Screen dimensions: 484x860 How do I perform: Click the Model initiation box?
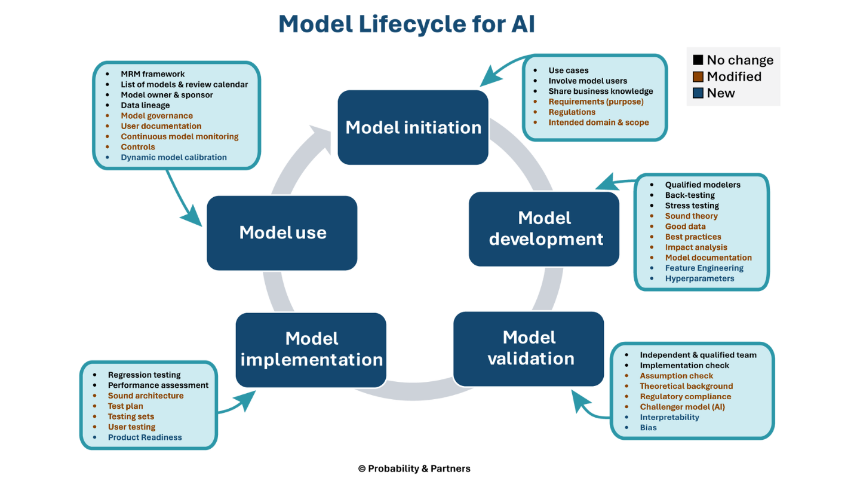[x=413, y=127]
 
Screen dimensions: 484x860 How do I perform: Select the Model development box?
[x=545, y=229]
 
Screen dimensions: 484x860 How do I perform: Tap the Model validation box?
[x=530, y=348]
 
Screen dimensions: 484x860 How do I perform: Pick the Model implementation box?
[x=311, y=350]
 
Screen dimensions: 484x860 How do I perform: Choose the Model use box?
[x=282, y=232]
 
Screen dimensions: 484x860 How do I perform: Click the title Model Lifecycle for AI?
[x=407, y=24]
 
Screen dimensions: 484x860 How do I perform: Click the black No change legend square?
[x=698, y=60]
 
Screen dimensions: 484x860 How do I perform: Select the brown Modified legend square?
[x=698, y=76]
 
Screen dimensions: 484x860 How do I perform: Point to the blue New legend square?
[x=698, y=93]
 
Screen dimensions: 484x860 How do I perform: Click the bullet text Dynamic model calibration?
[x=174, y=158]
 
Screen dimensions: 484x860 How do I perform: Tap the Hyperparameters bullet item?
[x=699, y=278]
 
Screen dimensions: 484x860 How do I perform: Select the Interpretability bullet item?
[x=669, y=417]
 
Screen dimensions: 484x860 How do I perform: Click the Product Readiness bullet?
[x=145, y=437]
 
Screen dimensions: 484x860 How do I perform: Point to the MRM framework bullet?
[x=153, y=74]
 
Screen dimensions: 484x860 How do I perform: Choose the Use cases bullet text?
[x=569, y=71]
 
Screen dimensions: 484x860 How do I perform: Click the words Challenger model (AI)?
[x=682, y=407]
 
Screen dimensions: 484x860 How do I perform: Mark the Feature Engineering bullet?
[x=704, y=268]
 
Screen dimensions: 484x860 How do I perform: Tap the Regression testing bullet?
[x=144, y=375]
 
